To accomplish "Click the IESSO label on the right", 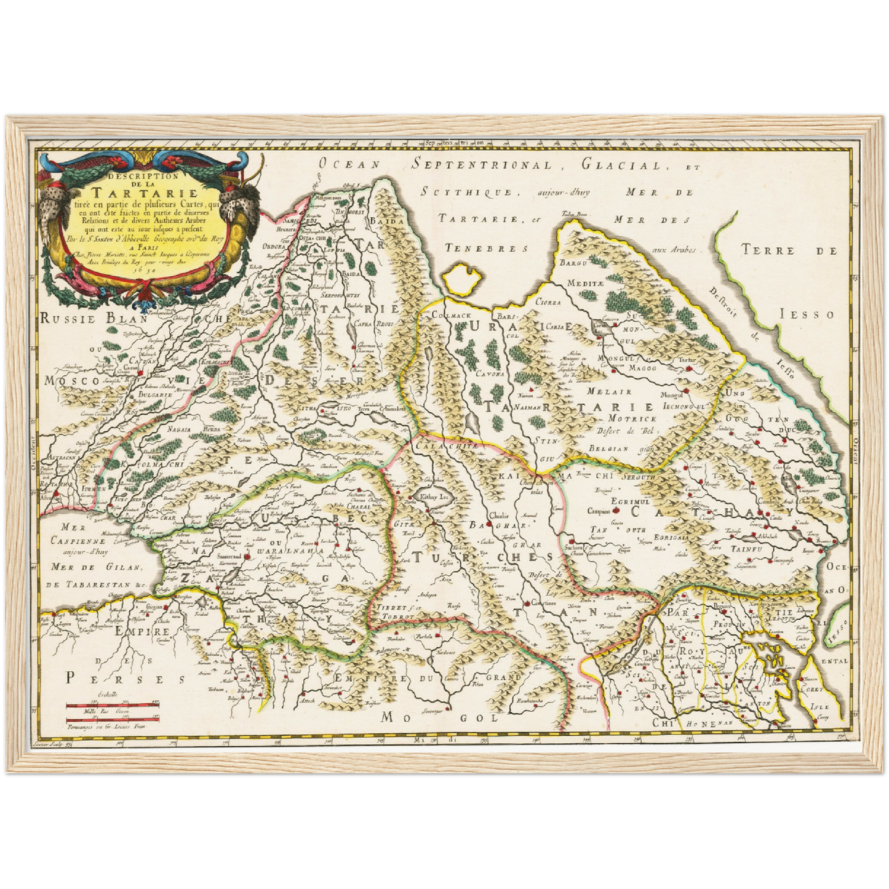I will [816, 314].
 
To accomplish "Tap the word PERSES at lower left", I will [126, 678].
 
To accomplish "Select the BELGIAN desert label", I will [608, 448].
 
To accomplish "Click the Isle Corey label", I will [819, 712].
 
